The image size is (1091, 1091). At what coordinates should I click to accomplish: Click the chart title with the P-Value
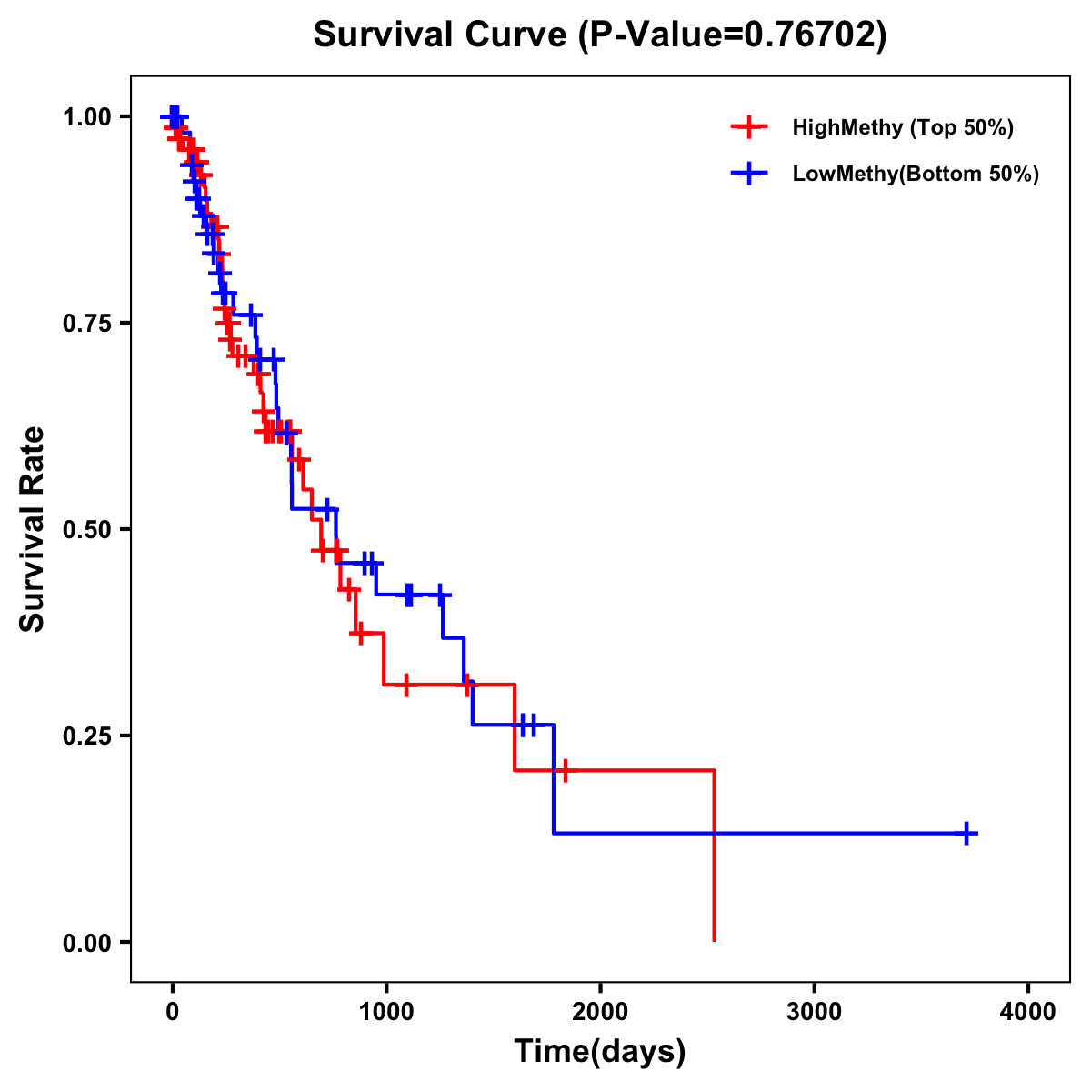pyautogui.click(x=599, y=35)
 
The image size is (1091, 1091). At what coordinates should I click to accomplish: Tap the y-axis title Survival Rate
pyautogui.click(x=33, y=529)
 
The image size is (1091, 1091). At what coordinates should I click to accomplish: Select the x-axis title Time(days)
pyautogui.click(x=600, y=1051)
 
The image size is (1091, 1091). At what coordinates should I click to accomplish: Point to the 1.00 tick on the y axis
pyautogui.click(x=86, y=116)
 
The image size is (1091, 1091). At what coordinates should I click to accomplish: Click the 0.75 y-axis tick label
pyautogui.click(x=86, y=323)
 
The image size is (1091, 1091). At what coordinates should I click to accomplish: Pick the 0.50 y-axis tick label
pyautogui.click(x=86, y=529)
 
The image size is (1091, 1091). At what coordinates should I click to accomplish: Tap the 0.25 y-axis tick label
pyautogui.click(x=86, y=736)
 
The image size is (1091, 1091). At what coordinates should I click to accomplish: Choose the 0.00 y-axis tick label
pyautogui.click(x=86, y=942)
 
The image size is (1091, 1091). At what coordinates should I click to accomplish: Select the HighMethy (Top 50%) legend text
pyautogui.click(x=903, y=127)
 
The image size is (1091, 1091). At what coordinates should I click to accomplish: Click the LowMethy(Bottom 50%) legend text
pyautogui.click(x=916, y=174)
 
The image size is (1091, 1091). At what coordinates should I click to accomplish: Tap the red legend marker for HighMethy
pyautogui.click(x=748, y=127)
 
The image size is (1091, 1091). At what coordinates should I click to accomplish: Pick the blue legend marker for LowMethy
pyautogui.click(x=748, y=174)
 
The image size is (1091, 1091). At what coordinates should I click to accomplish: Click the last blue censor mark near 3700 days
pyautogui.click(x=967, y=833)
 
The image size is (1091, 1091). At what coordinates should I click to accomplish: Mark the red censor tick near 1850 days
pyautogui.click(x=565, y=770)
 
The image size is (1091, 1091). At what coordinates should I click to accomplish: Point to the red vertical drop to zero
pyautogui.click(x=715, y=855)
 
